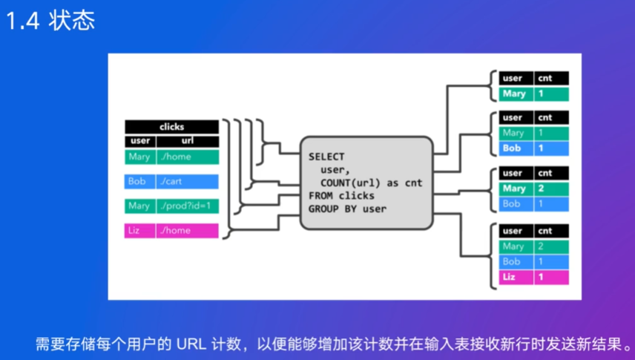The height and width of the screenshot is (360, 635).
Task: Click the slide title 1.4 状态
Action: click(x=50, y=21)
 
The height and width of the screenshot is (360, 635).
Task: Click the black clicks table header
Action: click(x=171, y=127)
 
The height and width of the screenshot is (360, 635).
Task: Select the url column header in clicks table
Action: click(x=187, y=141)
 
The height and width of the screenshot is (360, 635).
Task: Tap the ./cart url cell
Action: click(x=187, y=181)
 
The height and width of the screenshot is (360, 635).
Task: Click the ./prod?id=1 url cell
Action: click(x=187, y=206)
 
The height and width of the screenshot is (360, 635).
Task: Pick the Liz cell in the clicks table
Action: click(x=139, y=231)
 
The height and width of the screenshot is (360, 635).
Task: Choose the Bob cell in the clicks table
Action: click(x=139, y=181)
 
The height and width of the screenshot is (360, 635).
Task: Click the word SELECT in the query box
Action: click(x=326, y=157)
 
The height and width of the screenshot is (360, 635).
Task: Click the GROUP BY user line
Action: click(x=347, y=209)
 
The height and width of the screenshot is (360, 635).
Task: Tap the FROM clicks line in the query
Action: click(x=341, y=196)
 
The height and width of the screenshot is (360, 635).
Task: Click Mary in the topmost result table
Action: click(x=514, y=94)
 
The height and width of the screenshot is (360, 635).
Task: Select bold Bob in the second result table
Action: click(x=513, y=148)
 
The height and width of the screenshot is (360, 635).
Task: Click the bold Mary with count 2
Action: click(x=514, y=189)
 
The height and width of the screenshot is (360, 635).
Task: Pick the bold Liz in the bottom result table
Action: click(x=509, y=277)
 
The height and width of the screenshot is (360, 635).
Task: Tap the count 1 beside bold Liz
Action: click(x=541, y=277)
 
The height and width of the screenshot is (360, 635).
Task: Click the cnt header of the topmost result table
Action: click(x=545, y=78)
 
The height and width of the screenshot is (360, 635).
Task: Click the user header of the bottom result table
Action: click(x=513, y=231)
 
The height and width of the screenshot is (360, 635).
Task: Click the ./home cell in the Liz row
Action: click(x=187, y=231)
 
